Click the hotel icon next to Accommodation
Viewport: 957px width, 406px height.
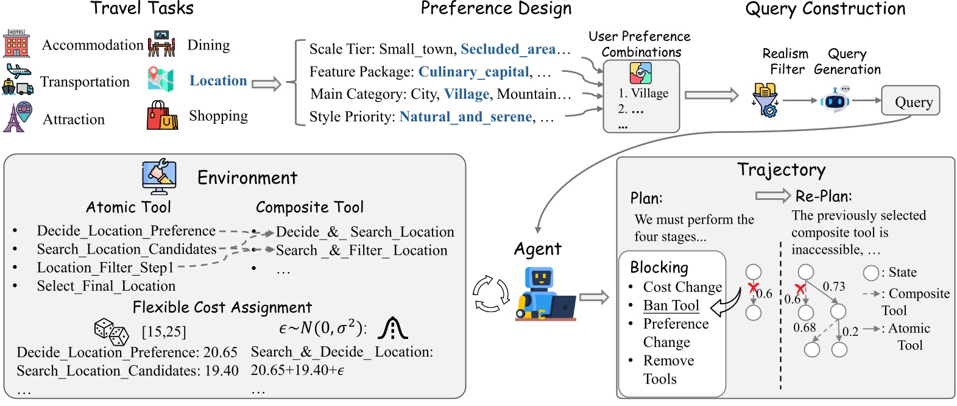pyautogui.click(x=16, y=44)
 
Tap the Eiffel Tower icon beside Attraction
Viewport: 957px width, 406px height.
pyautogui.click(x=18, y=118)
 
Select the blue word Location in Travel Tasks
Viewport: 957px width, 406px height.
pyautogui.click(x=218, y=80)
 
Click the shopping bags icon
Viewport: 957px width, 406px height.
pyautogui.click(x=161, y=116)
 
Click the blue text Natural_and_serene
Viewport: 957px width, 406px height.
pyautogui.click(x=465, y=116)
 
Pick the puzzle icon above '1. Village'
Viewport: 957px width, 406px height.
pyautogui.click(x=640, y=74)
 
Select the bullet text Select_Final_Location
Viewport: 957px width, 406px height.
pyautogui.click(x=106, y=286)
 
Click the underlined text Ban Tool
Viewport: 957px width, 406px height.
pyautogui.click(x=671, y=305)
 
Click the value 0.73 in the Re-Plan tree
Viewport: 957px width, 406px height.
pyautogui.click(x=833, y=286)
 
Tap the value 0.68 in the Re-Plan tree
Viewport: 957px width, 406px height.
pyautogui.click(x=804, y=327)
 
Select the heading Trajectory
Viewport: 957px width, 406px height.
pyautogui.click(x=781, y=169)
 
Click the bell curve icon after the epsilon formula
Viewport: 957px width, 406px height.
pyautogui.click(x=392, y=328)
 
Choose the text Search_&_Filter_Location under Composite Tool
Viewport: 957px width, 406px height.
pyautogui.click(x=361, y=250)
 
